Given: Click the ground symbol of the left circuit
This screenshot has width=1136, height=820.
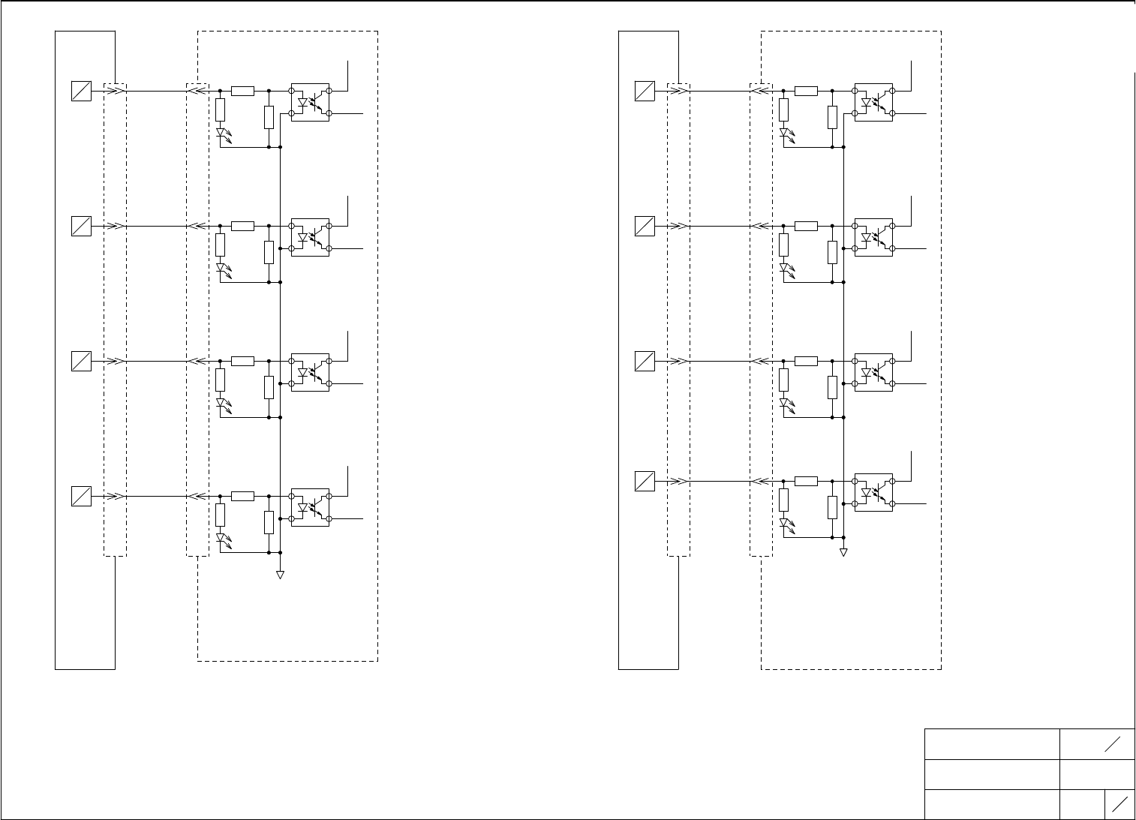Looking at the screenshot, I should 280,575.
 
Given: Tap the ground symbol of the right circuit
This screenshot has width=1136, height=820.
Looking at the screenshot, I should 843,553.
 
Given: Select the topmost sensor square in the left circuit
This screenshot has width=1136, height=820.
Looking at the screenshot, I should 81,91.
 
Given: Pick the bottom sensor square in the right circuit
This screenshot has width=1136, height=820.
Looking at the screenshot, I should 645,481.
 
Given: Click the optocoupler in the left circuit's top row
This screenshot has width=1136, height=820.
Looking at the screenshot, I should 310,102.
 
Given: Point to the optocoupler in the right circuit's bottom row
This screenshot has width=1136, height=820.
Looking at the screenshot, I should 873,492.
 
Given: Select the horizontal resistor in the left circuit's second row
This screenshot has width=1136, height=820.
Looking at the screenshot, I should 242,226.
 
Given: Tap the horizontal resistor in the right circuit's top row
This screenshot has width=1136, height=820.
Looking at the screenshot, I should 806,91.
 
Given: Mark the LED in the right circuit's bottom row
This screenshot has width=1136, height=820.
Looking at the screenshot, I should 784,523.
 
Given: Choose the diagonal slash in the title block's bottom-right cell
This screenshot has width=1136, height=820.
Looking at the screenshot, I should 1119,805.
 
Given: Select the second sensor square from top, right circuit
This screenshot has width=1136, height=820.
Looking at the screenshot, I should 645,226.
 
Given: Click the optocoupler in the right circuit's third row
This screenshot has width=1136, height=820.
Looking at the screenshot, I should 873,372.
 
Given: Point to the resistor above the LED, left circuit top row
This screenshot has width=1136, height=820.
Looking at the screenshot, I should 221,110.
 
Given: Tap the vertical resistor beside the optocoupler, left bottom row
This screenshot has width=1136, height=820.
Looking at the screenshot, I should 269,522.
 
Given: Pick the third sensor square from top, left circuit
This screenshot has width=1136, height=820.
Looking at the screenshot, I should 81,361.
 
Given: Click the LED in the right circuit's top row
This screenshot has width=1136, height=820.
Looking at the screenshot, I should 784,133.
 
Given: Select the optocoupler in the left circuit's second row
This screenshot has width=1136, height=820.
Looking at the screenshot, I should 310,237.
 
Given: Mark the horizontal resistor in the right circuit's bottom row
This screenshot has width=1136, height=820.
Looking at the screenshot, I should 806,481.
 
